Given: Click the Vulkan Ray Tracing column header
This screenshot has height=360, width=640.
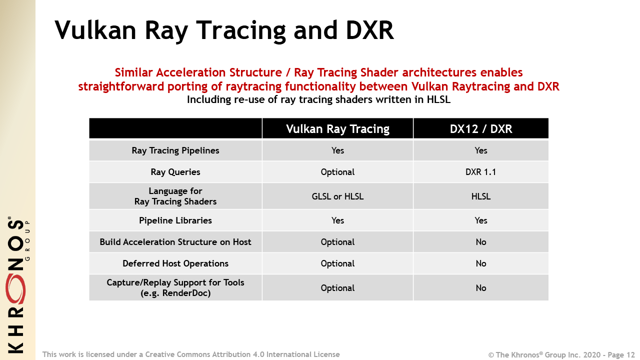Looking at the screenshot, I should coord(337,129).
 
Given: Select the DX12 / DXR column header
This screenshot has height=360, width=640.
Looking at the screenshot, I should coord(480,129).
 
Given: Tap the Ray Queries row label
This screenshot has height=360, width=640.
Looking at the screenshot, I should coord(175,172).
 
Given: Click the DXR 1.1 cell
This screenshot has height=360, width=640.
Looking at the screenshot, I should coord(480,172).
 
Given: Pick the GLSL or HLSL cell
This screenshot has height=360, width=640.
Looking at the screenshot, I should coord(337,196).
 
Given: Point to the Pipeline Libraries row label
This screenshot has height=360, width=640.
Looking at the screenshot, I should coord(175,220).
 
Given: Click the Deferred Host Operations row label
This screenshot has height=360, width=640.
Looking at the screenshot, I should coord(175,263).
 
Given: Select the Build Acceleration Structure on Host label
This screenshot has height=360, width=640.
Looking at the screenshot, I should coord(175,242).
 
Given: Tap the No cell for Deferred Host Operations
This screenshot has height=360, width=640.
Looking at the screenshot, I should coord(480,263).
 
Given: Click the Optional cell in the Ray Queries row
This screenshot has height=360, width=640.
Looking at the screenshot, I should coord(337,172).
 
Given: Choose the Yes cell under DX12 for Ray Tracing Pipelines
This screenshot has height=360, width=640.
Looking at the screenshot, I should coord(480,150).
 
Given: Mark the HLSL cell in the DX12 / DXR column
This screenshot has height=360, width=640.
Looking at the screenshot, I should coord(480,196).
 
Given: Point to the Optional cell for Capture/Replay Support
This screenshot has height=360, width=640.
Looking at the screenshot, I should coord(337,288).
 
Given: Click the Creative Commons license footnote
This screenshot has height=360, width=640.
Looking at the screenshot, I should coord(191,354).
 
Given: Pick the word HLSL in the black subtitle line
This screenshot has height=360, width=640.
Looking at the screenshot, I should coord(437,99).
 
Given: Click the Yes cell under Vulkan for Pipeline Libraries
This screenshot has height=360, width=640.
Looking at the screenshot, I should coord(337,220).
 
